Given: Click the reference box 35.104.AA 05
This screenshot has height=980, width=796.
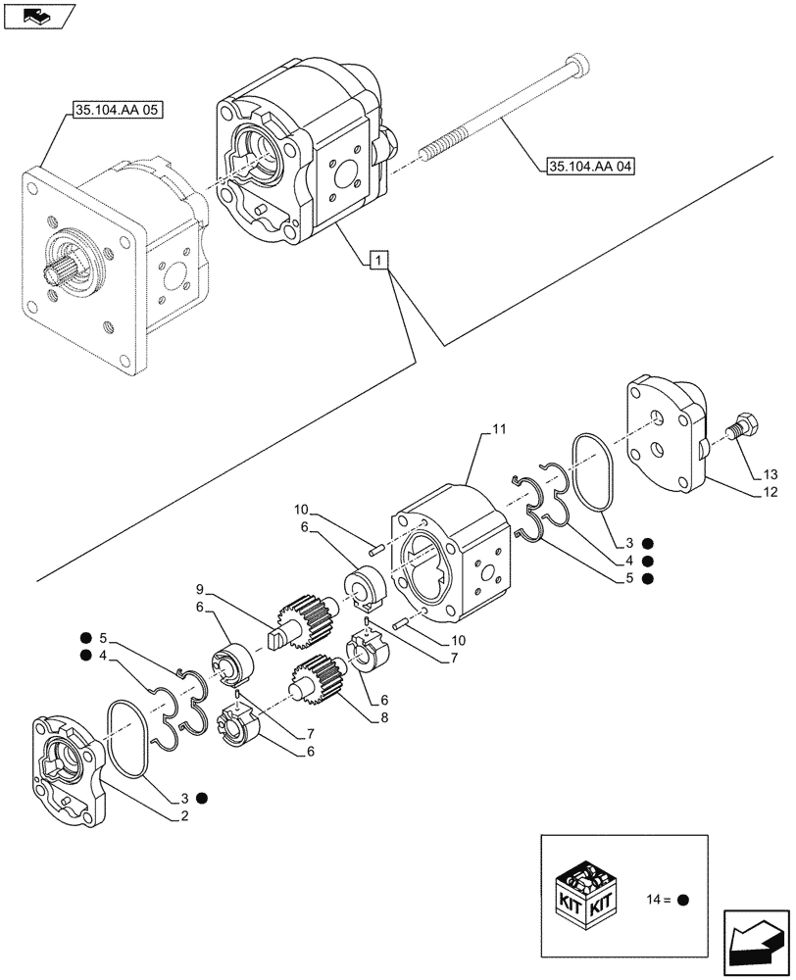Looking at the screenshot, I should (117, 111).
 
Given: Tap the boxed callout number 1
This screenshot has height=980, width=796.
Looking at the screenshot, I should (379, 260).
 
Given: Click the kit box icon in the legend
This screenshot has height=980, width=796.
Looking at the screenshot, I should (587, 891).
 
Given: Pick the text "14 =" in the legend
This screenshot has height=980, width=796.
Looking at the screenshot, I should (660, 899).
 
